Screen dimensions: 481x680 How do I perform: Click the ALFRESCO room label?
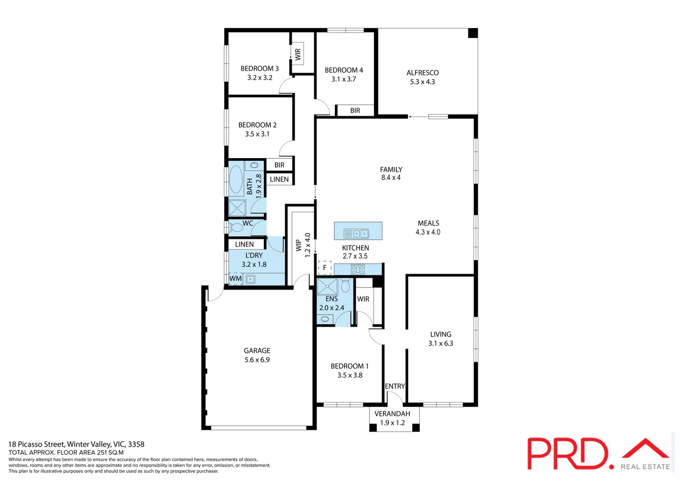pos(422,73)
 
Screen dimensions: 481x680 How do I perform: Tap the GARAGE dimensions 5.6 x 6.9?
pos(257,360)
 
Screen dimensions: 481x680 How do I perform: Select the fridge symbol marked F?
pos(325,268)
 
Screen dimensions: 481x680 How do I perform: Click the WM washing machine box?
pos(235,279)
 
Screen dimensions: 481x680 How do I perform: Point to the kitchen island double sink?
pos(357,233)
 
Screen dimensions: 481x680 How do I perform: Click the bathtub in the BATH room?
pos(236,179)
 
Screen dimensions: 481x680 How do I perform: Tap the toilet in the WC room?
pos(236,228)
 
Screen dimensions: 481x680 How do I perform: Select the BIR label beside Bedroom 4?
pos(355,111)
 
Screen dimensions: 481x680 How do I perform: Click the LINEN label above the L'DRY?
pos(244,244)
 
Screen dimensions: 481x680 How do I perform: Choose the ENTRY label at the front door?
pos(394,386)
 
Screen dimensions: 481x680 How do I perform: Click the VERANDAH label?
pos(392,414)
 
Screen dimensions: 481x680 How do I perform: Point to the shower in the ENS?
pos(327,287)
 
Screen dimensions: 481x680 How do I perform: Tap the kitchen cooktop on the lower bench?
pos(357,269)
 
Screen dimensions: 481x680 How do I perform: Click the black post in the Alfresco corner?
pos(473,33)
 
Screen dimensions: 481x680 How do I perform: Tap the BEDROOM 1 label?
pos(349,366)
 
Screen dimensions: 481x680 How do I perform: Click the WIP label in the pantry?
pos(299,245)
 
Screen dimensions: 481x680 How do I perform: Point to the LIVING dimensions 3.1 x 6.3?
pos(440,344)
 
